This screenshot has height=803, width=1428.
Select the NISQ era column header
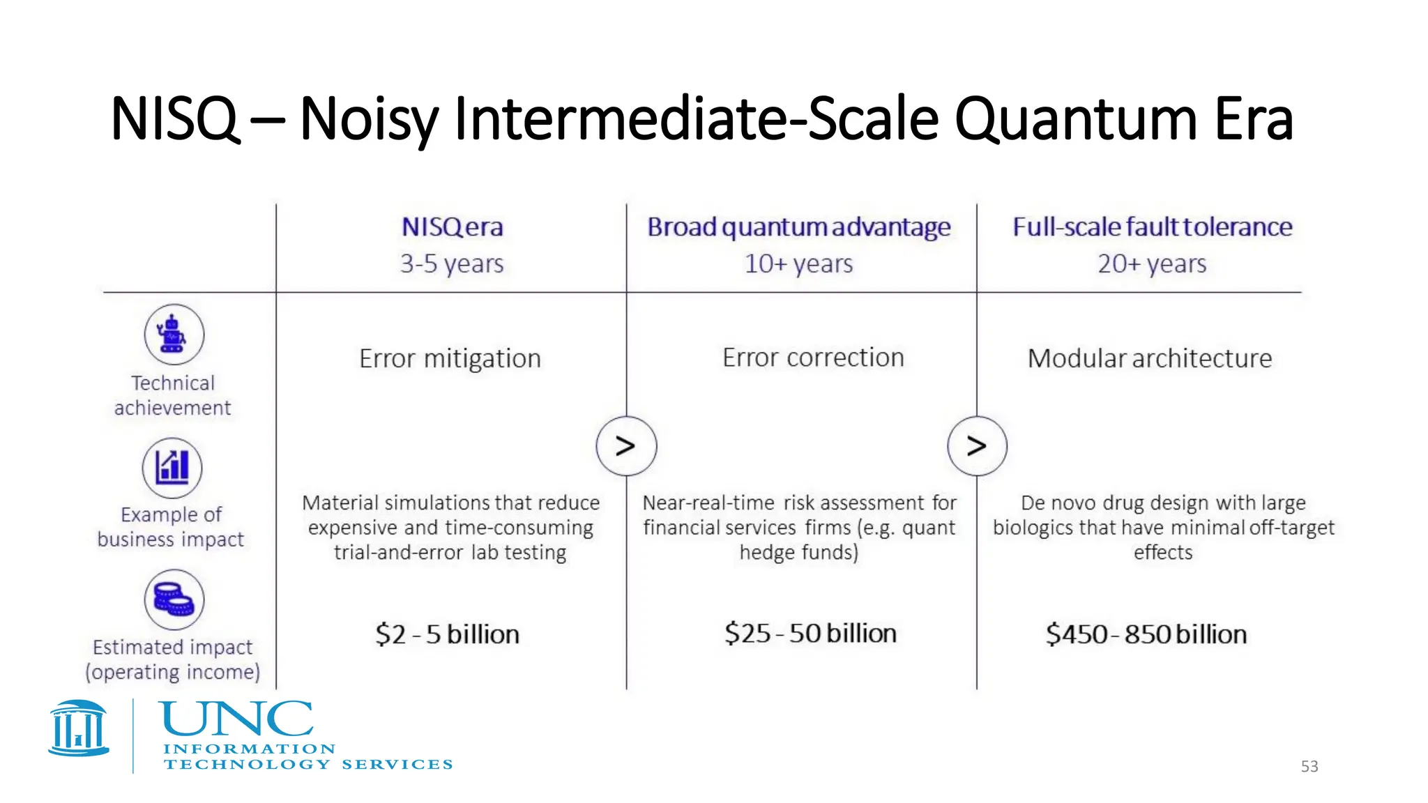[452, 227]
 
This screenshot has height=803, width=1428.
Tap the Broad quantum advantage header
[798, 227]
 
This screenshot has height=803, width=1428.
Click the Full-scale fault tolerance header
[1152, 227]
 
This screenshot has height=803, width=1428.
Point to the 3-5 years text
[452, 264]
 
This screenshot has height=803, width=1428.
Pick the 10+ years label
[798, 264]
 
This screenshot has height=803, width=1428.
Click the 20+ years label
[1152, 264]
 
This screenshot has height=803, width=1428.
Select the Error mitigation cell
[450, 358]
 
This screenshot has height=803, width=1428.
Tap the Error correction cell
[813, 358]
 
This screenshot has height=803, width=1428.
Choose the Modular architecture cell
[1150, 358]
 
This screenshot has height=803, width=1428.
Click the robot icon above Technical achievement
[174, 334]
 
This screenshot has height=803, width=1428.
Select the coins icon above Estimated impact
[174, 599]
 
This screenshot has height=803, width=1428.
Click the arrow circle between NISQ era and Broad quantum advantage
[626, 446]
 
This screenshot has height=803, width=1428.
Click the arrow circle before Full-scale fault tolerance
[977, 446]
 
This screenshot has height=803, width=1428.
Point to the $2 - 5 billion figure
[448, 634]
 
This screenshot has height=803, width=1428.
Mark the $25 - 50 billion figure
[810, 634]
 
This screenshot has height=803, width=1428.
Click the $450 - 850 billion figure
[1146, 634]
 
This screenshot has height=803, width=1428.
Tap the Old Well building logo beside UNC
[79, 728]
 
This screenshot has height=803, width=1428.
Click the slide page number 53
[1309, 767]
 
